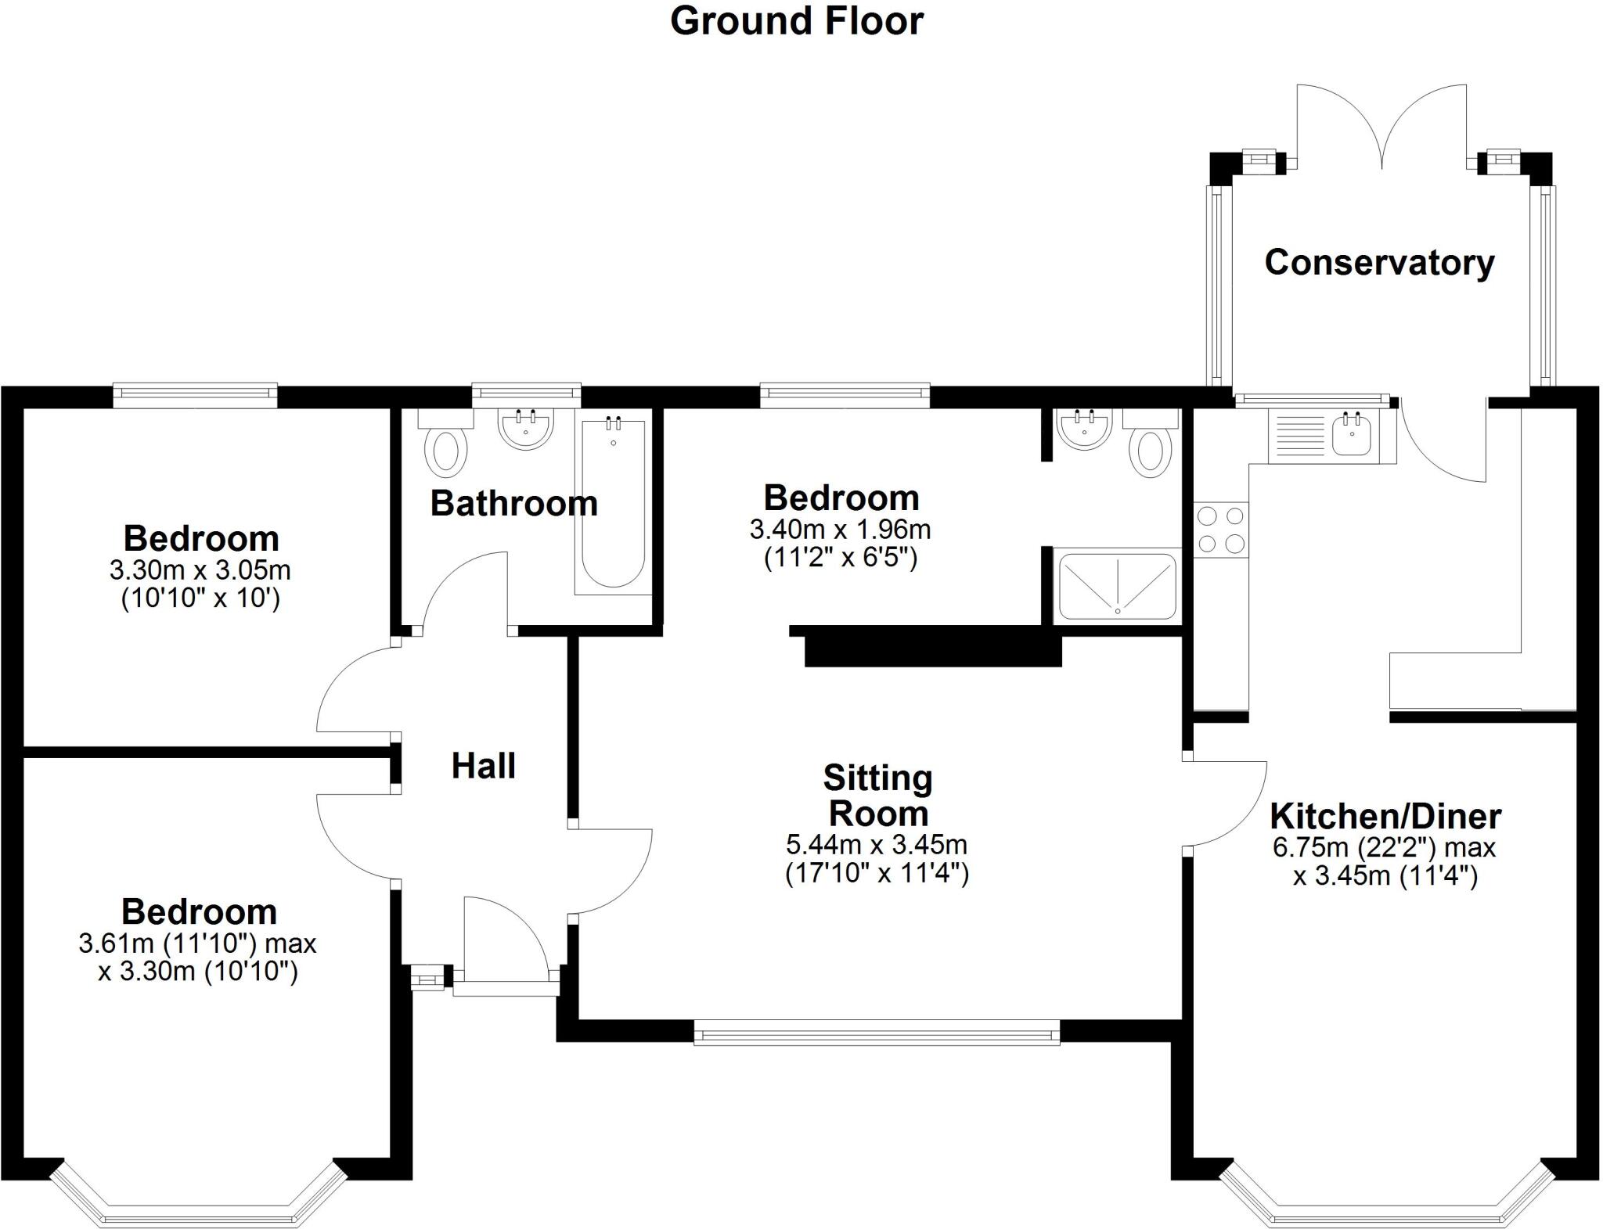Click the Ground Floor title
[796, 21]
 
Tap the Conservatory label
[1379, 262]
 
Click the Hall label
[483, 766]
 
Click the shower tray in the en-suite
[1118, 586]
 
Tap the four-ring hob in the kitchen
[1221, 530]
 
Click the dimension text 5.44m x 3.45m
[877, 845]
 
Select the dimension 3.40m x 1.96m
[840, 530]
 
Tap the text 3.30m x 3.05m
[200, 570]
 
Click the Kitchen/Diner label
[1385, 817]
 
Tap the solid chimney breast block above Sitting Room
[933, 650]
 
